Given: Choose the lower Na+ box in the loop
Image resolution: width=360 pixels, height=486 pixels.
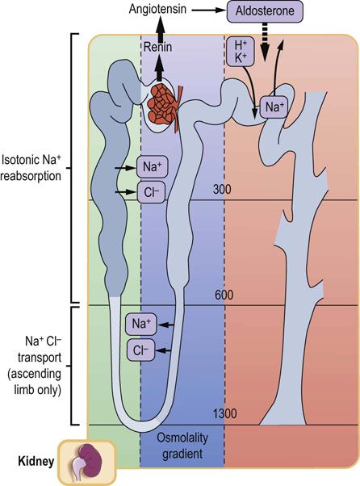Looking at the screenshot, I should (142, 325).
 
